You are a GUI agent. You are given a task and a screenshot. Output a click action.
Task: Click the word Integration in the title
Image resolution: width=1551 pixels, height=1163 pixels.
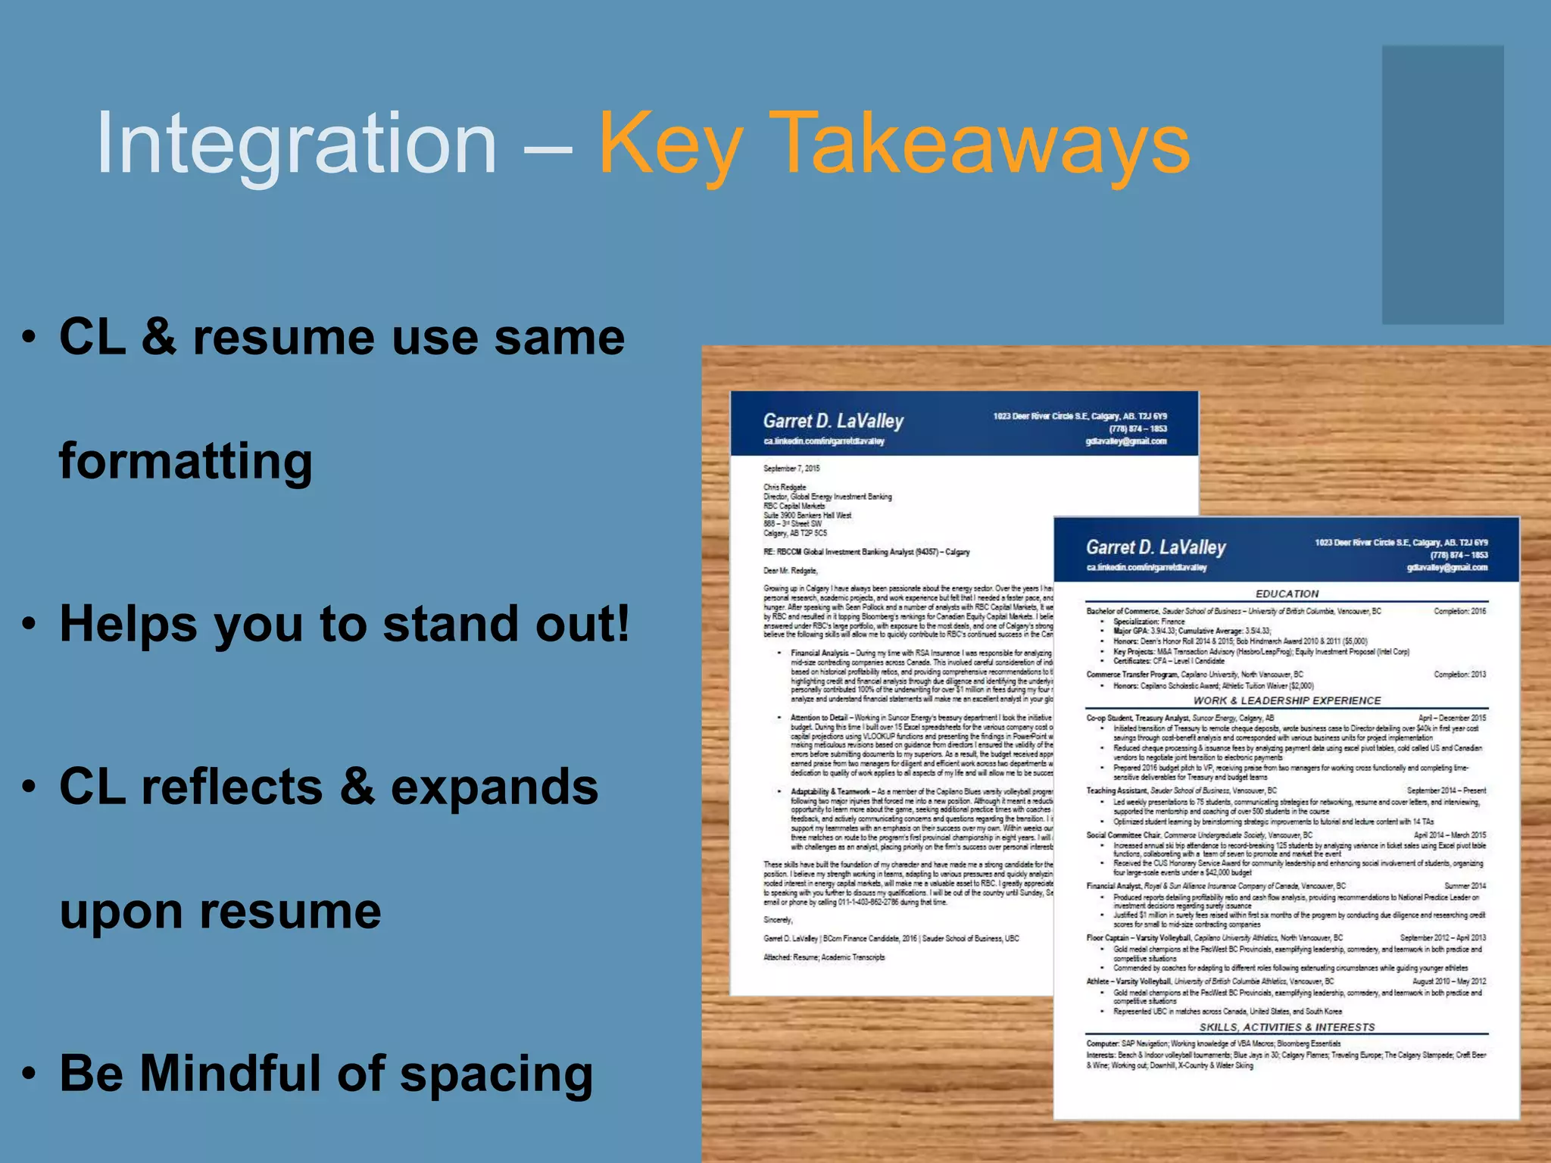296,143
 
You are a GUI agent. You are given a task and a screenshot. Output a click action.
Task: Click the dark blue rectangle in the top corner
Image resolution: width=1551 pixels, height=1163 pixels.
1442,185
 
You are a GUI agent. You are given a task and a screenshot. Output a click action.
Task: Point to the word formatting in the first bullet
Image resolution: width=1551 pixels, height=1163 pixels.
186,461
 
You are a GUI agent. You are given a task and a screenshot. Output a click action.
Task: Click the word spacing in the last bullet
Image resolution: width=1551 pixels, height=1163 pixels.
496,1075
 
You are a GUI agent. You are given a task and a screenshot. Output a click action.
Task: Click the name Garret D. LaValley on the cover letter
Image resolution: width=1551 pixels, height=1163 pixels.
833,421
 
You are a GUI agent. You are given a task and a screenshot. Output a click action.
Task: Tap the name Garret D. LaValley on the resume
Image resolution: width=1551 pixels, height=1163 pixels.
1156,547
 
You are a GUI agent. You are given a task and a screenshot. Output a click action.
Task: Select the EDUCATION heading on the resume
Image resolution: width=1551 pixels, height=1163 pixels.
1287,594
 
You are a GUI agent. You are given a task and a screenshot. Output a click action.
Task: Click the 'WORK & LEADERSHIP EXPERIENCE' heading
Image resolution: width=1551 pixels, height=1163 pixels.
1287,700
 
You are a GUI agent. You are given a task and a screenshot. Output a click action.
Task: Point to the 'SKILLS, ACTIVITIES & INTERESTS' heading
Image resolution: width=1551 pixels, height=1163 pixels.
1287,1027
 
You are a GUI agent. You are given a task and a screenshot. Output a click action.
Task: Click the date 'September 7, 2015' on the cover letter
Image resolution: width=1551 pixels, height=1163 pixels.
791,469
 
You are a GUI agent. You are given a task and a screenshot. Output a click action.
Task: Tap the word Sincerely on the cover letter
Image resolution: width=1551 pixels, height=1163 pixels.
778,920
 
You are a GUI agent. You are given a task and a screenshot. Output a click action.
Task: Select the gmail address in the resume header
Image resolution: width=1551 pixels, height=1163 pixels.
1447,567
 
